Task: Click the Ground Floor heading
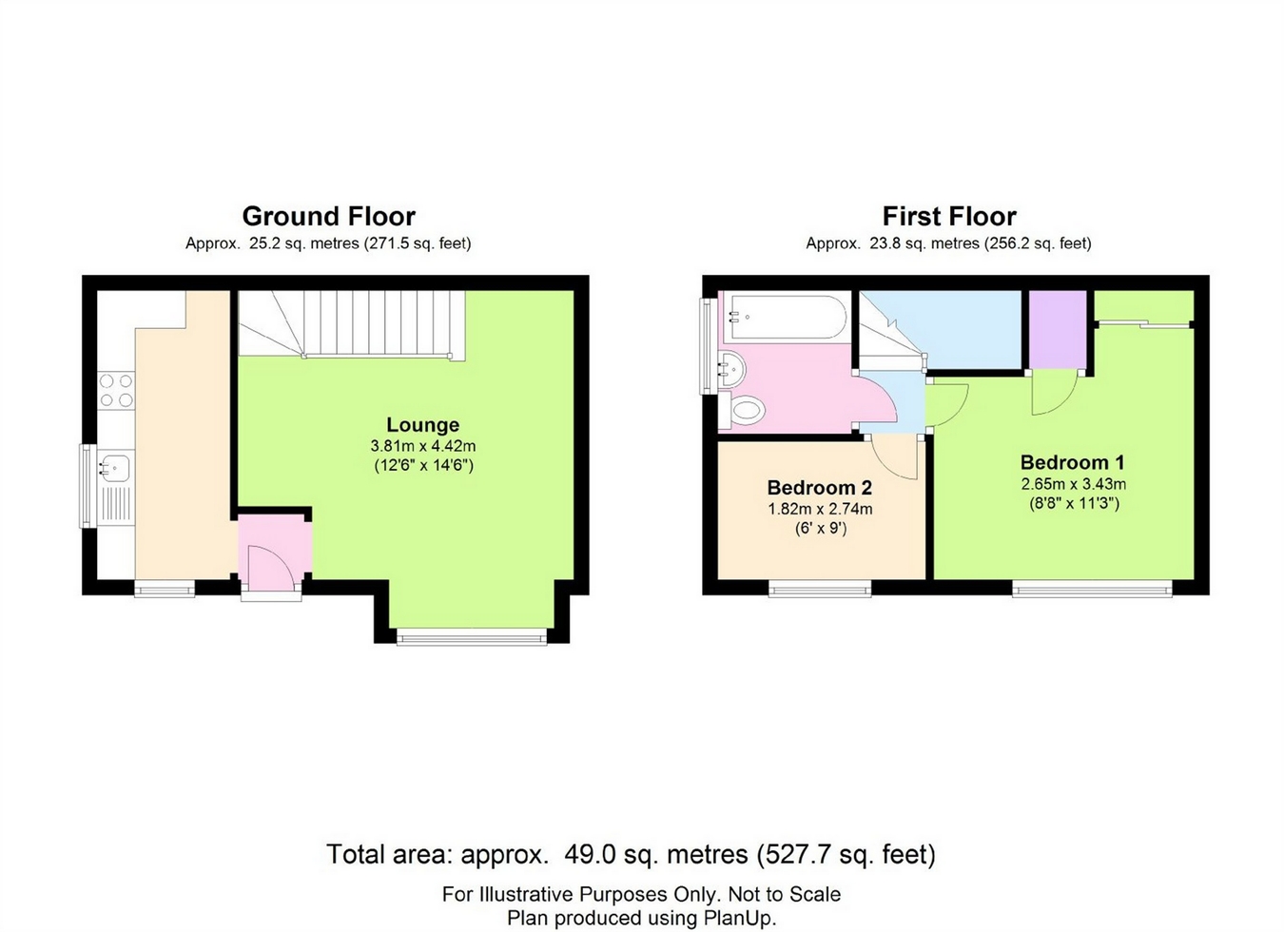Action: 328,217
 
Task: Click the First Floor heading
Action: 948,217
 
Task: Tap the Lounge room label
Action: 423,425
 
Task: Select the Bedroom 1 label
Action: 1073,462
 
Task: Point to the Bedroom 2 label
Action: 820,487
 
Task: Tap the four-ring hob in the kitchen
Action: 116,390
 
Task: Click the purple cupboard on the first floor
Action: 1059,330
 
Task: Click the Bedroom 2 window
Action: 820,589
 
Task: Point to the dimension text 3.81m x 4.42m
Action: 423,446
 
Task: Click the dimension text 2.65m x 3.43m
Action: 1073,484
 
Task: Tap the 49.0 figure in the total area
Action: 590,855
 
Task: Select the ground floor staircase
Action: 351,325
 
